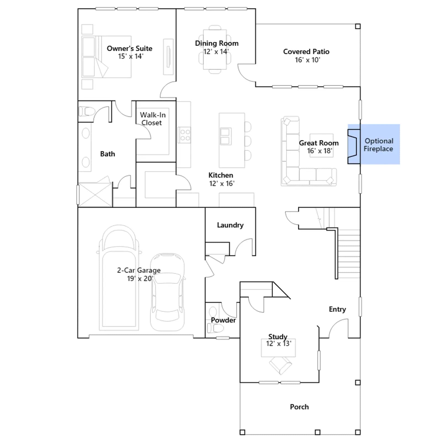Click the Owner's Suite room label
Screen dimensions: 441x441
pos(130,49)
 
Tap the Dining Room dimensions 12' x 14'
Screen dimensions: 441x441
pos(216,52)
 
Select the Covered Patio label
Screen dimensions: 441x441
pos(306,52)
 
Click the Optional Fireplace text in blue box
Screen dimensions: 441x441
pos(378,145)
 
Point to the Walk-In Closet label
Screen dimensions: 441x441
pos(153,119)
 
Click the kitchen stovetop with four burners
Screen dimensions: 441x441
pos(184,135)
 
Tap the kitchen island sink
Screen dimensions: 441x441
pos(225,136)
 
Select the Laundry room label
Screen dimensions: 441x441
pos(230,225)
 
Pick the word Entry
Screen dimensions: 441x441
pos(337,309)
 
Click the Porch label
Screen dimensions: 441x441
pos(299,407)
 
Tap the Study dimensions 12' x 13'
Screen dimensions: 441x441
pos(279,343)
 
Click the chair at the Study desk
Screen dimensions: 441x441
pos(280,365)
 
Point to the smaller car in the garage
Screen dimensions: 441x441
pos(167,292)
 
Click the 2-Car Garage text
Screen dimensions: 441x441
pos(139,270)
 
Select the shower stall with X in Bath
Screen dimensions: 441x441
pos(95,195)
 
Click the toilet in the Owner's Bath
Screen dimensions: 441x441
pos(87,112)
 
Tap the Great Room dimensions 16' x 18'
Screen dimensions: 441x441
pos(320,151)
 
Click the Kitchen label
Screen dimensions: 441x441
pos(221,175)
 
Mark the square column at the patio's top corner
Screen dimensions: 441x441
pos(358,26)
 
